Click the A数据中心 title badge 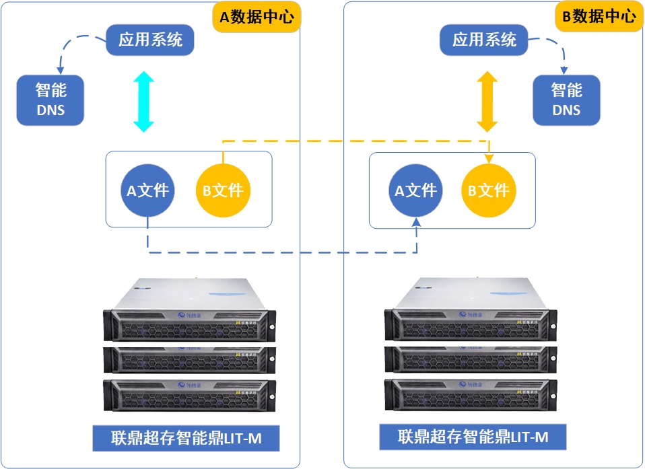coord(257,17)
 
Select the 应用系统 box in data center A coord(150,40)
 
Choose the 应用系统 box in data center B coord(484,40)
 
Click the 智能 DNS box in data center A coord(50,99)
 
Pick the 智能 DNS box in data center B coord(566,99)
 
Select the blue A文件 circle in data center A coord(148,190)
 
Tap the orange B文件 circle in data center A coord(223,190)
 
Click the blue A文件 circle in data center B coord(415,190)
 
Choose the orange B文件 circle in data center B coord(489,190)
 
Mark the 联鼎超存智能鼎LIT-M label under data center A coord(186,439)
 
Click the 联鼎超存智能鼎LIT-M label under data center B coord(473,437)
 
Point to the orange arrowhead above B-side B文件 coord(489,158)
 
